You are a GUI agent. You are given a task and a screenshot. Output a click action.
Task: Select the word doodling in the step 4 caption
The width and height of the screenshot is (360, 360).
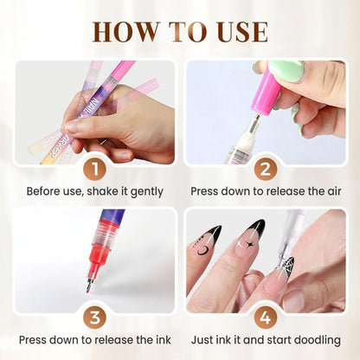314,340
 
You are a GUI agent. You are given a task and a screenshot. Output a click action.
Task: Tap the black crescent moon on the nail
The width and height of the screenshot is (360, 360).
203,251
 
